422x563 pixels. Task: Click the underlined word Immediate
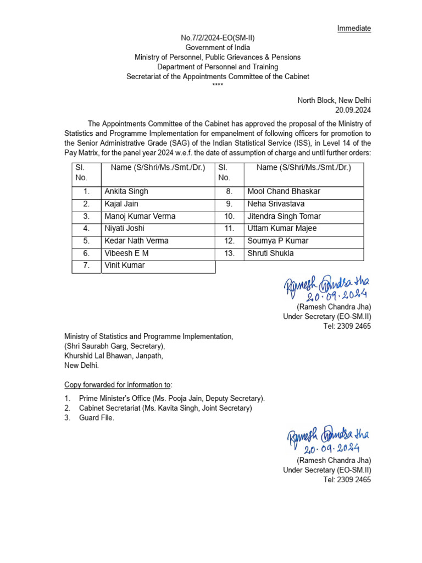pos(354,28)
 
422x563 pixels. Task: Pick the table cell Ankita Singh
pos(126,192)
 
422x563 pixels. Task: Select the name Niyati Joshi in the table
pos(125,228)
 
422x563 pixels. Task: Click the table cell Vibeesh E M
pos(126,253)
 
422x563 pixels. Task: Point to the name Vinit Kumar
pos(125,266)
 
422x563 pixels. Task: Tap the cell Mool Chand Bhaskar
pos(284,192)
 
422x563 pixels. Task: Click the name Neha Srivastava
pos(276,204)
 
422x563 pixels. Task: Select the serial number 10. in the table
pos(229,216)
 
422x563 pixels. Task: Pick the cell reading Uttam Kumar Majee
pos(282,228)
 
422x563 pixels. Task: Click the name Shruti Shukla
pos(270,253)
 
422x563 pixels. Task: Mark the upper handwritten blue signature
pos(327,287)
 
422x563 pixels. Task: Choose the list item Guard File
pos(97,418)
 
